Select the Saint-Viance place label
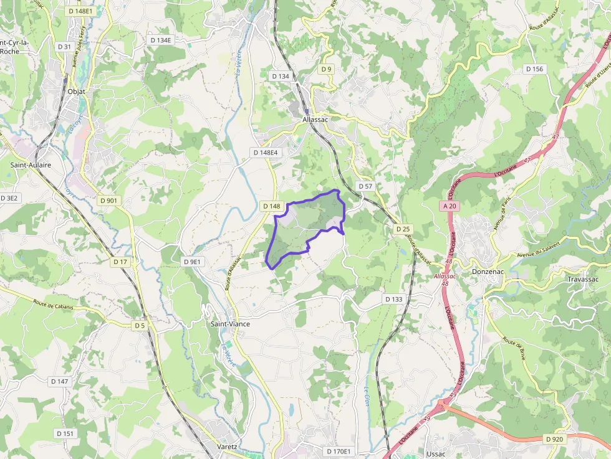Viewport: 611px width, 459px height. click(x=230, y=324)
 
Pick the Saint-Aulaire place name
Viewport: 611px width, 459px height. click(x=31, y=165)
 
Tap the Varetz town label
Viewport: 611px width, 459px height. click(x=228, y=447)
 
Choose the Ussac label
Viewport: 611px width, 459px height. click(x=436, y=454)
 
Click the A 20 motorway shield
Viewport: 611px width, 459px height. click(x=450, y=206)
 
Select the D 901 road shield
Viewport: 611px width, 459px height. click(x=108, y=201)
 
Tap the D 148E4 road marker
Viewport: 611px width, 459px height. click(x=266, y=153)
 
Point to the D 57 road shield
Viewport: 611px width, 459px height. click(x=365, y=186)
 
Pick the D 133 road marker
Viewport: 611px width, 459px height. click(x=394, y=300)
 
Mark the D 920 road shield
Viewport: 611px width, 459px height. click(x=554, y=439)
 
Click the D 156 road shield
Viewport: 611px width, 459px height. click(x=534, y=69)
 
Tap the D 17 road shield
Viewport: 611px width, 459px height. click(x=120, y=262)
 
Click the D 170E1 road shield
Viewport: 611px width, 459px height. click(x=339, y=451)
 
